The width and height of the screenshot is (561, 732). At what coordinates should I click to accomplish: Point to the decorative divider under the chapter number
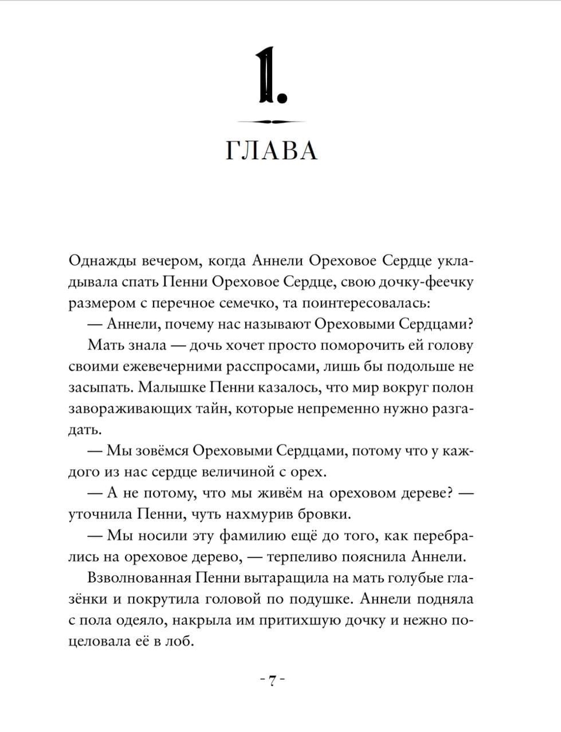click(272, 122)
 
